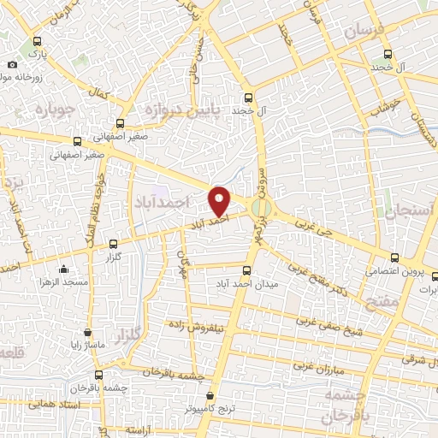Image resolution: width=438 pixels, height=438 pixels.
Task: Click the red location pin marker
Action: tap(221, 199)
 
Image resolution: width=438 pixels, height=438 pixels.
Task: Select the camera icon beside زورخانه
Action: tap(12, 65)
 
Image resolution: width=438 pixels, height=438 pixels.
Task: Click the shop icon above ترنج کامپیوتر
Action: tap(211, 396)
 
